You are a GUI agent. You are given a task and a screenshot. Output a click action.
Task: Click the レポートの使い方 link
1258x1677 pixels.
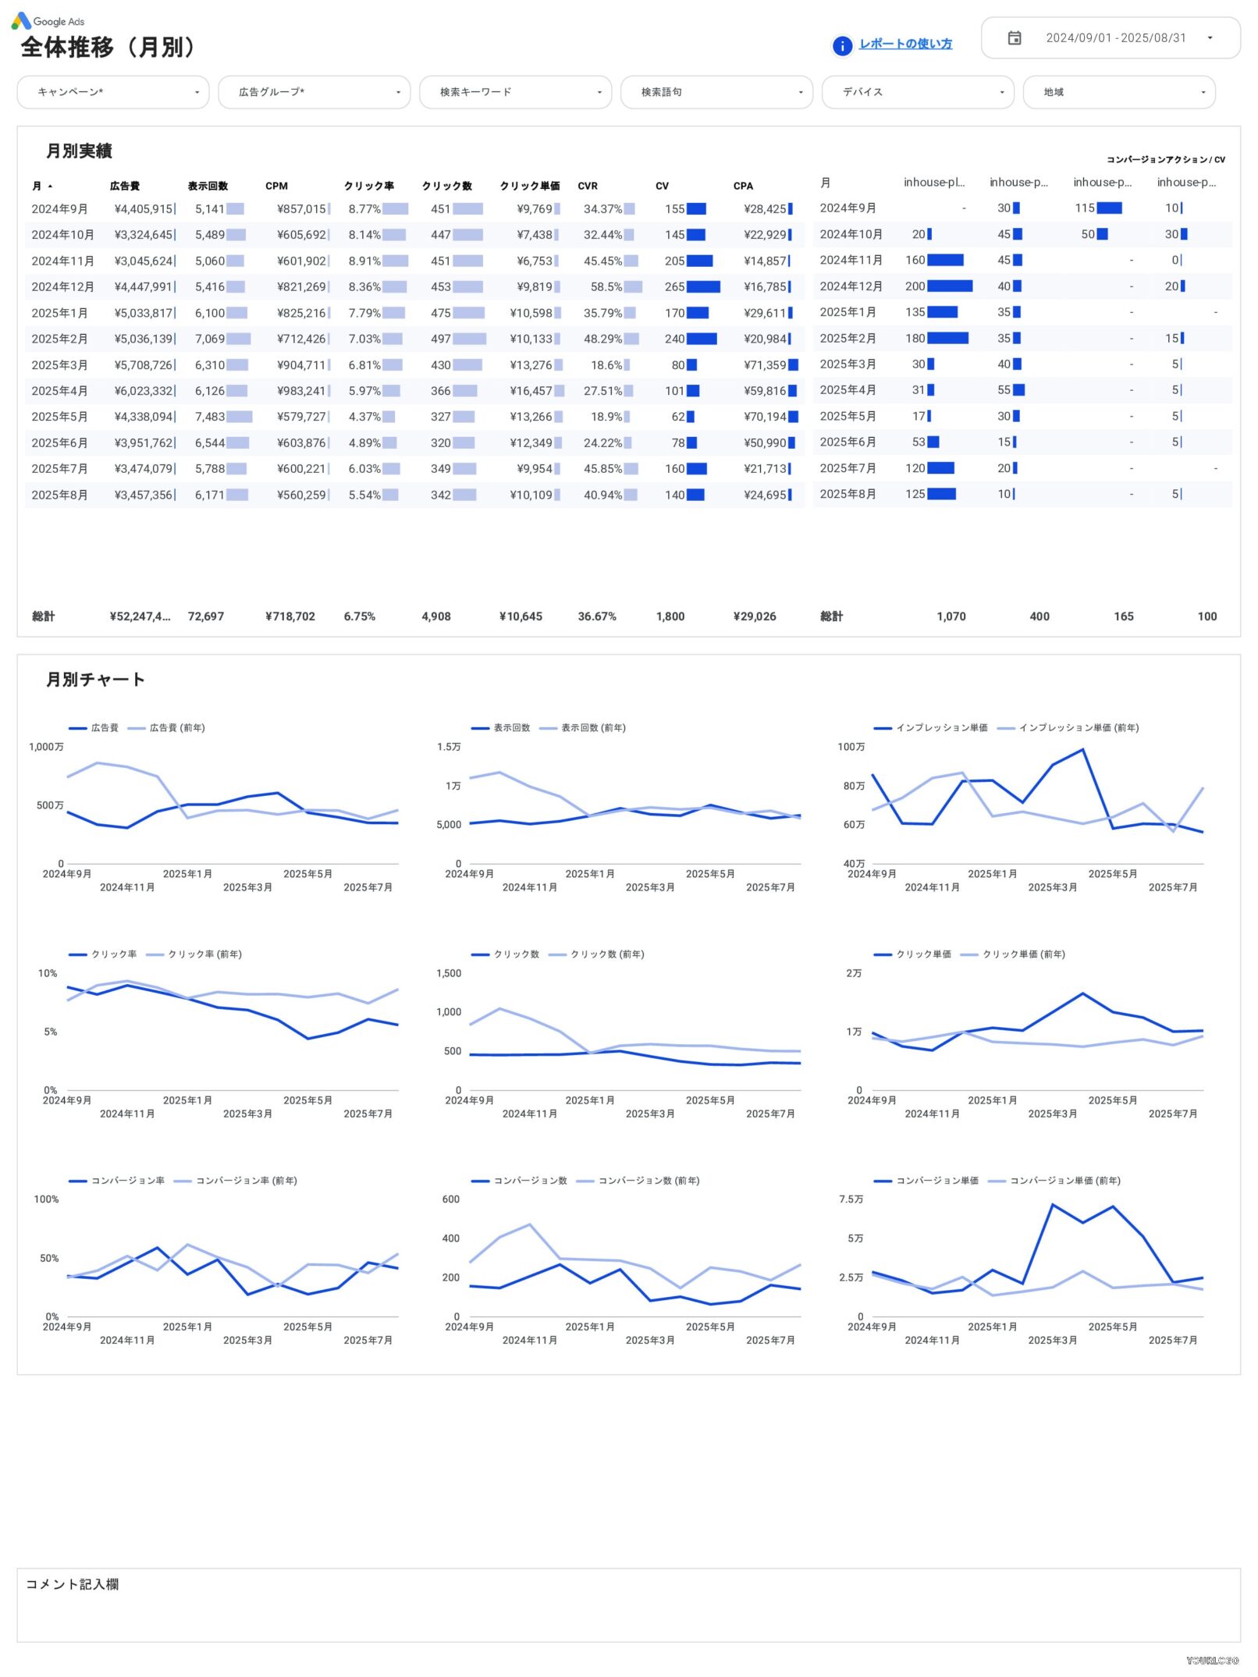904,44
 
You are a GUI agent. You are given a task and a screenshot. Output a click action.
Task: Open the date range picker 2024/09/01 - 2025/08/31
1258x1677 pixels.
1110,38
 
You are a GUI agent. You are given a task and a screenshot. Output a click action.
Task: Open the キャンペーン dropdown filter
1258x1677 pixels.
113,92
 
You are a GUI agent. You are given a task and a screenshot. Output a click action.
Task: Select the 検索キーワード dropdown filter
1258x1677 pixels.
515,92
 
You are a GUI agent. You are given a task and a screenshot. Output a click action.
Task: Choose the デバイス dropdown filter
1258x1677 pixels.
918,92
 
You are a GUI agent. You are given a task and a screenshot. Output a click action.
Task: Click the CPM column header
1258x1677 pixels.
276,187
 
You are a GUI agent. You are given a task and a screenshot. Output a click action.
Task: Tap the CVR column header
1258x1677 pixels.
588,187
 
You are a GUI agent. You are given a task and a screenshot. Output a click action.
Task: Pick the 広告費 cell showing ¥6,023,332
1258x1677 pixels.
144,391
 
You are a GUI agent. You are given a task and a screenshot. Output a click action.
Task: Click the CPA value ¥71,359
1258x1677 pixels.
765,365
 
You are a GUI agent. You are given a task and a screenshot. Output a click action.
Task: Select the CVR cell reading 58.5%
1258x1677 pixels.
606,287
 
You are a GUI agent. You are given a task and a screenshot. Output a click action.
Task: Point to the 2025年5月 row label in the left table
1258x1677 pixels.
59,417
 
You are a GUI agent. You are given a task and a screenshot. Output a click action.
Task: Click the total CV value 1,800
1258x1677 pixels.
670,616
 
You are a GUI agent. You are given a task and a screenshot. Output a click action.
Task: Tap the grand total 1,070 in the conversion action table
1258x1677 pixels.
951,616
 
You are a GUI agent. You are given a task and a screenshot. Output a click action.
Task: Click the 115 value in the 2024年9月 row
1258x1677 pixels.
1085,208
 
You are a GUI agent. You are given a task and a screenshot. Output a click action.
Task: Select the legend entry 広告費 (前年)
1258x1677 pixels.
176,728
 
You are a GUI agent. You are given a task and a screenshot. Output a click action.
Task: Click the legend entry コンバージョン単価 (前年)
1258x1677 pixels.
1064,1181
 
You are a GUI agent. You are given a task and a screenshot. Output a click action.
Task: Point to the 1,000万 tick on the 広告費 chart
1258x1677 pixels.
46,747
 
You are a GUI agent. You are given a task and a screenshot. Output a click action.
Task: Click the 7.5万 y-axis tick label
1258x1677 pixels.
851,1199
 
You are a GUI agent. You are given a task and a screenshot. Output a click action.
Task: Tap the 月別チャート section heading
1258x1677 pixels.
95,680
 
